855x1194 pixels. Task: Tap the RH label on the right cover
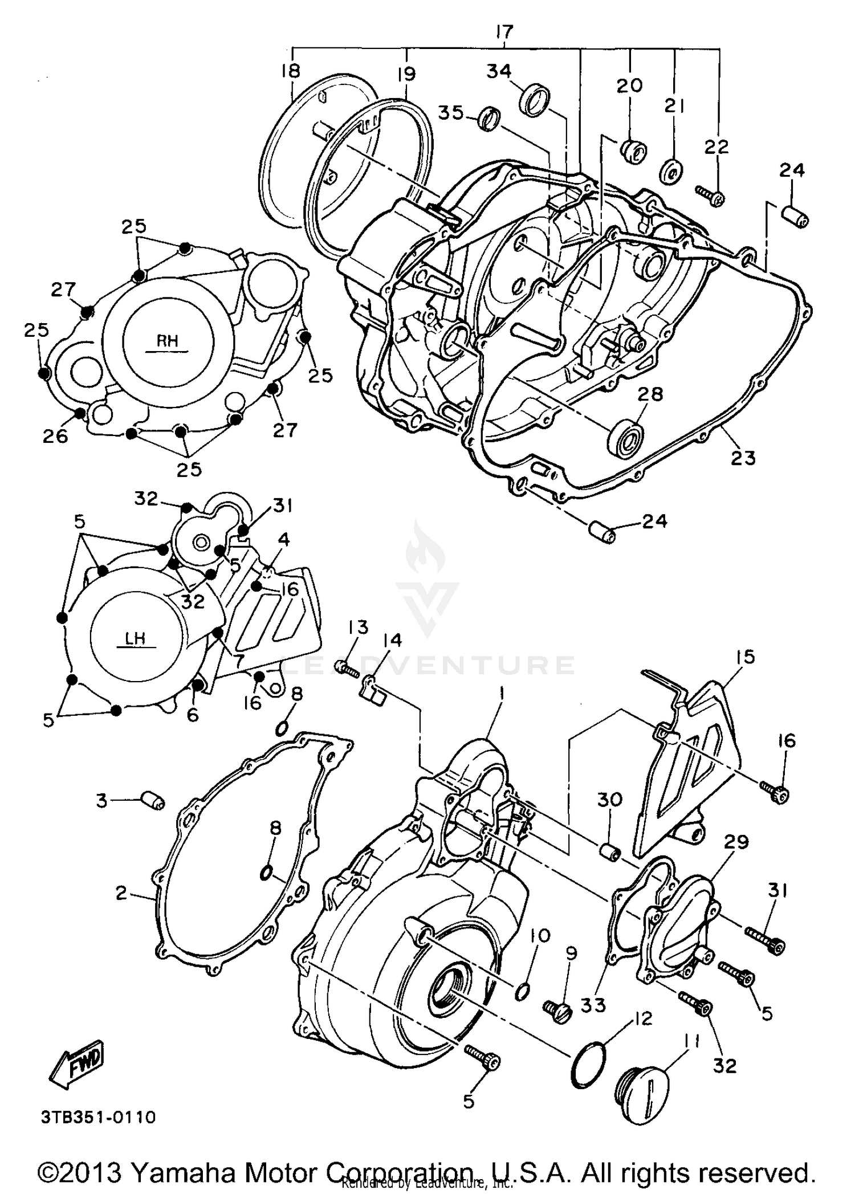point(167,341)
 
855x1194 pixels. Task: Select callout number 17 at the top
point(504,32)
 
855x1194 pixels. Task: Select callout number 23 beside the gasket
point(743,458)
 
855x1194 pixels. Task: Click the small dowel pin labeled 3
point(153,800)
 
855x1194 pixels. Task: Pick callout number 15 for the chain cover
point(745,657)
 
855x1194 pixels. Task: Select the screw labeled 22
point(710,195)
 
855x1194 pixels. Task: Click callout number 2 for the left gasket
point(121,893)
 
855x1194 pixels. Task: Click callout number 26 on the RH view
point(55,435)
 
